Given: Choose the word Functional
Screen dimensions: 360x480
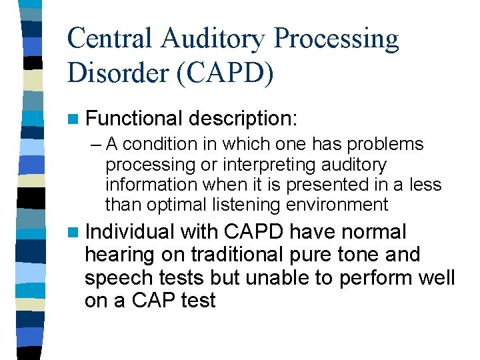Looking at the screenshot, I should (133, 119).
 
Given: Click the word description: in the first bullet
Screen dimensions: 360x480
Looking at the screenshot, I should (243, 119).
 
